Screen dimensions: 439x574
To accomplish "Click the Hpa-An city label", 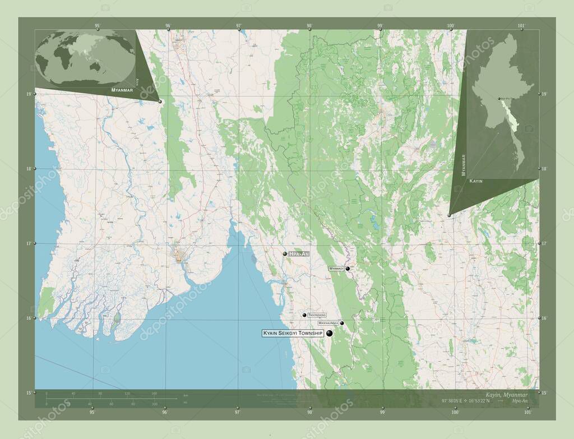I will pyautogui.click(x=299, y=254).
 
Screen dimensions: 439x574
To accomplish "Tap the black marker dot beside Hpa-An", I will pyautogui.click(x=285, y=254).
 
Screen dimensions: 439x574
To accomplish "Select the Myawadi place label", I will pyautogui.click(x=336, y=269).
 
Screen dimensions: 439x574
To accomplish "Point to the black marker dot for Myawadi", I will pyautogui.click(x=348, y=269).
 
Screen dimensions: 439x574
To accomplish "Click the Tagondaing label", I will pyautogui.click(x=317, y=316).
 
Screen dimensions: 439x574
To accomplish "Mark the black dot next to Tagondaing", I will pyautogui.click(x=304, y=316).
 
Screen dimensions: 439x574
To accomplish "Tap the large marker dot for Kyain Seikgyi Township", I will pyautogui.click(x=329, y=334).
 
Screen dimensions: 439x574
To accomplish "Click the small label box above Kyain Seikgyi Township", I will pyautogui.click(x=328, y=324).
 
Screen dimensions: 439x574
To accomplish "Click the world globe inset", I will pyautogui.click(x=85, y=58).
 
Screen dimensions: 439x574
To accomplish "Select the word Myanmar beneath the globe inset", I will pyautogui.click(x=122, y=90).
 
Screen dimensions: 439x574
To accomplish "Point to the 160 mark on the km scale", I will pyautogui.click(x=154, y=394).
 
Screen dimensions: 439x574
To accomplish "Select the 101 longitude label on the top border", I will pyautogui.click(x=521, y=26).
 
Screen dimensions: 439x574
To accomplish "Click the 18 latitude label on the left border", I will pyautogui.click(x=29, y=168).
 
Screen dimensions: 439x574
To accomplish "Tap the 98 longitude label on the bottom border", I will pyautogui.click(x=309, y=412).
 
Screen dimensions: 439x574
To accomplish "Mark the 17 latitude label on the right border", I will pyautogui.click(x=544, y=243).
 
